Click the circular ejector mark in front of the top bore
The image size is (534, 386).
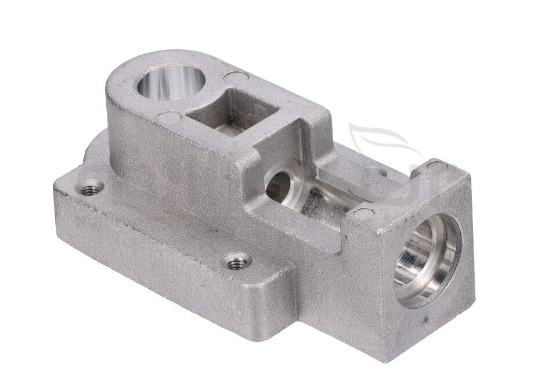coord(168,118)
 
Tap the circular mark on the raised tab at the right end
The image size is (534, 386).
coord(437,167)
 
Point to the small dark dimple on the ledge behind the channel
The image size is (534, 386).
coord(383,172)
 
